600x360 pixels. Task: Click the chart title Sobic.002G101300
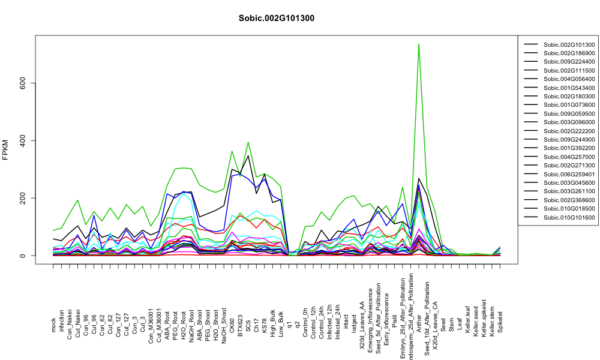(x=276, y=18)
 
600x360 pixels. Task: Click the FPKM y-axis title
(x=5, y=149)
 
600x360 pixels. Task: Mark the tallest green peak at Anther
(x=419, y=44)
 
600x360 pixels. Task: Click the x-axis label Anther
(x=419, y=323)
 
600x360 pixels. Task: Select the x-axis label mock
(x=53, y=325)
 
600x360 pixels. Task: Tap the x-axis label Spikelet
(x=500, y=322)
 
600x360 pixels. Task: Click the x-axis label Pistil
(x=394, y=323)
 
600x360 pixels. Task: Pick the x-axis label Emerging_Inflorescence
(x=370, y=310)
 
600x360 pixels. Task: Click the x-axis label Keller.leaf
(x=467, y=319)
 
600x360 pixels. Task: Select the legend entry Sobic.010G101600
(x=569, y=218)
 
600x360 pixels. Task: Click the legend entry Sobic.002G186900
(x=569, y=53)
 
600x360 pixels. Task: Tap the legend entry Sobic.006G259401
(x=569, y=174)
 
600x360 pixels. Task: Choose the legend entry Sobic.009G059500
(x=569, y=113)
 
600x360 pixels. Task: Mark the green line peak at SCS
(x=248, y=142)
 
